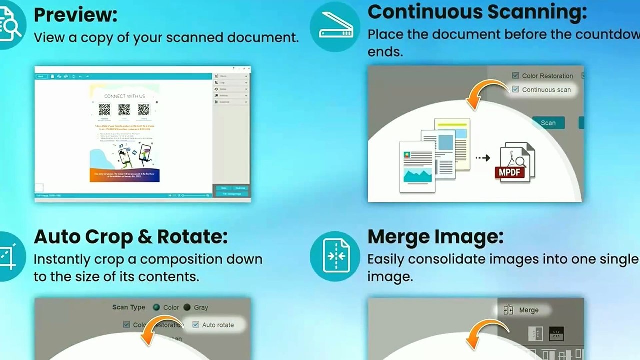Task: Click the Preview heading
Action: [x=75, y=15]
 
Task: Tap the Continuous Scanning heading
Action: [x=477, y=12]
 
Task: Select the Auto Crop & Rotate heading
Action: [x=130, y=236]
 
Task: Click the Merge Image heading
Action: [x=435, y=236]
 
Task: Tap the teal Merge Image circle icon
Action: [x=335, y=256]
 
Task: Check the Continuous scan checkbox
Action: [x=516, y=89]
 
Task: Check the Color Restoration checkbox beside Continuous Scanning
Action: [x=516, y=76]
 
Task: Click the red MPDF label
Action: [x=509, y=172]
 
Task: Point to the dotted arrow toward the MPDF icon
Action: [x=482, y=158]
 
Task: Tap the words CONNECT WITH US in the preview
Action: [x=125, y=96]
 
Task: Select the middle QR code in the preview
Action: [x=124, y=110]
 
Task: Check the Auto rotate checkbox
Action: [x=196, y=324]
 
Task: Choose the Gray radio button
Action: [x=187, y=307]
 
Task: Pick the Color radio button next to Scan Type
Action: [x=157, y=307]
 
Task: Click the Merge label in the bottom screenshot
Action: [x=528, y=310]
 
